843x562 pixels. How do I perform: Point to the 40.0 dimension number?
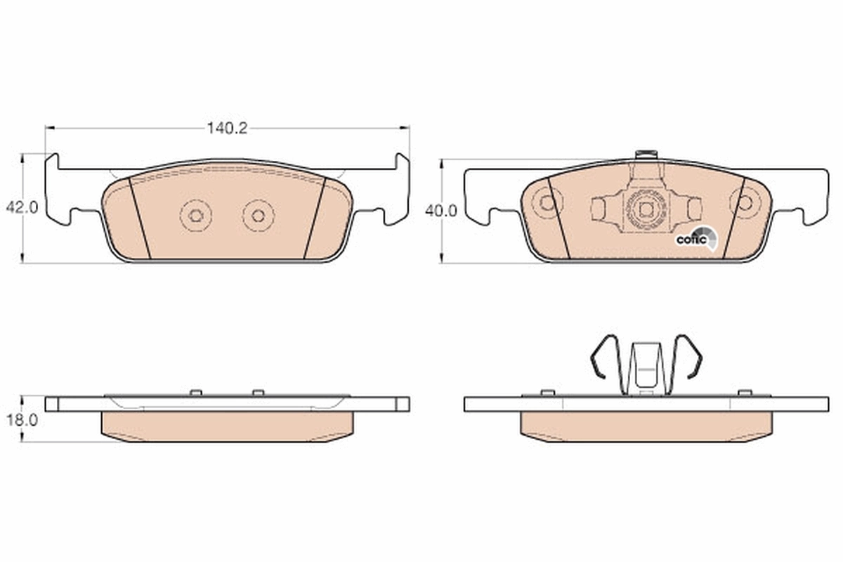[441, 210]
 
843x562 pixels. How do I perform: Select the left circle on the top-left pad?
[196, 216]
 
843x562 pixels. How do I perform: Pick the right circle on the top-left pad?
[258, 216]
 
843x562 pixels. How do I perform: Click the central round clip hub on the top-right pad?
[646, 208]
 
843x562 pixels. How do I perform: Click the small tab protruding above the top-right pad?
[645, 155]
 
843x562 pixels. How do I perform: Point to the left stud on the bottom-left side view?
[196, 392]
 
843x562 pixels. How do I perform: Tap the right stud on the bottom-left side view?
[258, 392]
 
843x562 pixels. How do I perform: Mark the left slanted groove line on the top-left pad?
[140, 218]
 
